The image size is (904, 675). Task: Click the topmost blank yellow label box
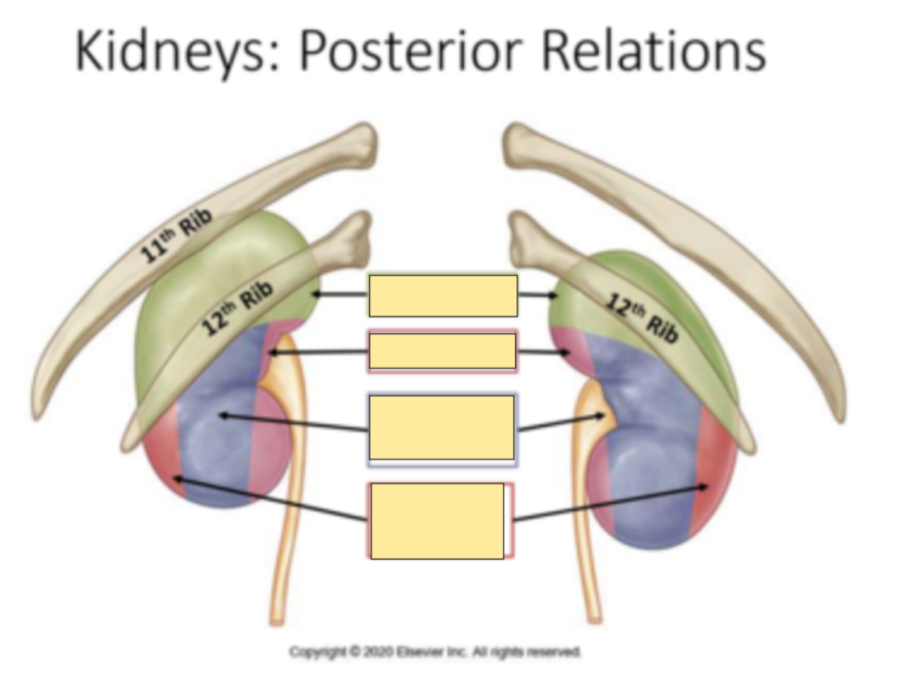click(x=442, y=296)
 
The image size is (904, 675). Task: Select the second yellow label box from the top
click(x=442, y=351)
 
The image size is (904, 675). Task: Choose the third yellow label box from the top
click(x=442, y=427)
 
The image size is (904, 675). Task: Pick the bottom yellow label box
click(x=437, y=521)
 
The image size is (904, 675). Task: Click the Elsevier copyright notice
click(x=436, y=651)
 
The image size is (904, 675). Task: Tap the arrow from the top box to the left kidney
click(x=339, y=295)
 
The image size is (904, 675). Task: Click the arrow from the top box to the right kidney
click(x=538, y=296)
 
